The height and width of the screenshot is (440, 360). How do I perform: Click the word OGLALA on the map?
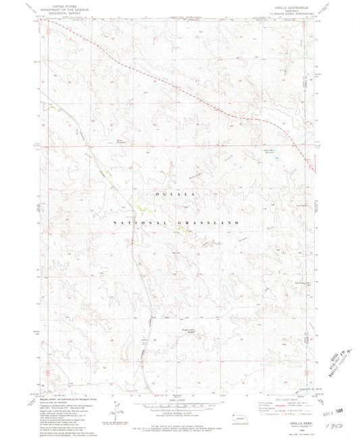176,194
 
